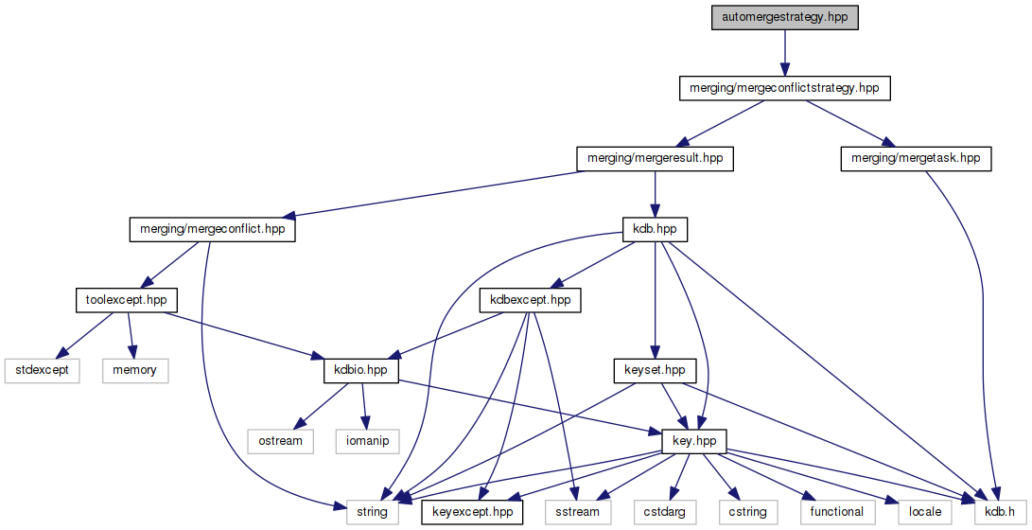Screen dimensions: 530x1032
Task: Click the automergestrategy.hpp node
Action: click(x=785, y=17)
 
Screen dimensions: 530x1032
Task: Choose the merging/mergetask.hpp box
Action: click(x=916, y=158)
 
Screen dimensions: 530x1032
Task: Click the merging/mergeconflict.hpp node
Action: click(x=212, y=229)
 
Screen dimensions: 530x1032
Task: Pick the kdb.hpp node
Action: click(x=655, y=229)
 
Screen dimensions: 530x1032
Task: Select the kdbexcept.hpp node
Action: click(x=531, y=300)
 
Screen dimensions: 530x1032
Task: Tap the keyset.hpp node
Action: click(x=655, y=370)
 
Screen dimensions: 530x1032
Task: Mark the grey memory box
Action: click(x=134, y=370)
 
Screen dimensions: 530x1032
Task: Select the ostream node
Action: click(x=280, y=441)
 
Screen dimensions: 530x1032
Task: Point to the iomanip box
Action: click(x=367, y=441)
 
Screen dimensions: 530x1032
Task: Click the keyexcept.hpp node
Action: click(x=472, y=512)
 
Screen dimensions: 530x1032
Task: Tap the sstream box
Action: click(x=578, y=512)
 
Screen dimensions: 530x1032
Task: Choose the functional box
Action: click(x=837, y=512)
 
